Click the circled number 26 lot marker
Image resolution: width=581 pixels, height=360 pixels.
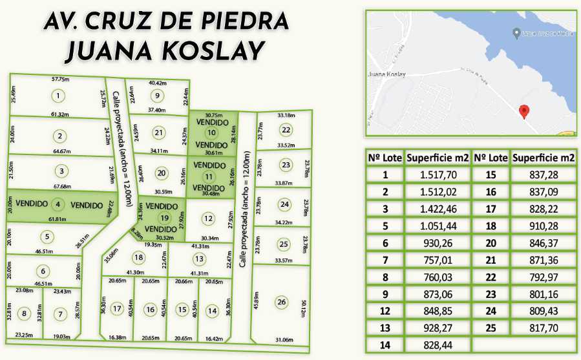click(x=280, y=302)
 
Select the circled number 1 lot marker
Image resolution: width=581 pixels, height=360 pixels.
click(x=58, y=96)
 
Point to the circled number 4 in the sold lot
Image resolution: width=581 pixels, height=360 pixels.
click(x=58, y=206)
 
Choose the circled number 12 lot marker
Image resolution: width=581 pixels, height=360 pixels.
click(x=208, y=218)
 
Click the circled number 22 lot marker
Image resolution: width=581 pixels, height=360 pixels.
click(x=286, y=129)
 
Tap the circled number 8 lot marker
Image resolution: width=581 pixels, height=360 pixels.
click(x=25, y=314)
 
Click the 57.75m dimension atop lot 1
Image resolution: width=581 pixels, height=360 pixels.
click(x=60, y=79)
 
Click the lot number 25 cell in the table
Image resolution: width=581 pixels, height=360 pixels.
click(x=491, y=328)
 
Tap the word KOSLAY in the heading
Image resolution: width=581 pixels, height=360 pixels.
click(x=209, y=50)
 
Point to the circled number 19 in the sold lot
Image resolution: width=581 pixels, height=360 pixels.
click(x=164, y=218)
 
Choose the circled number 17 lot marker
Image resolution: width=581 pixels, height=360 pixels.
click(x=117, y=309)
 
